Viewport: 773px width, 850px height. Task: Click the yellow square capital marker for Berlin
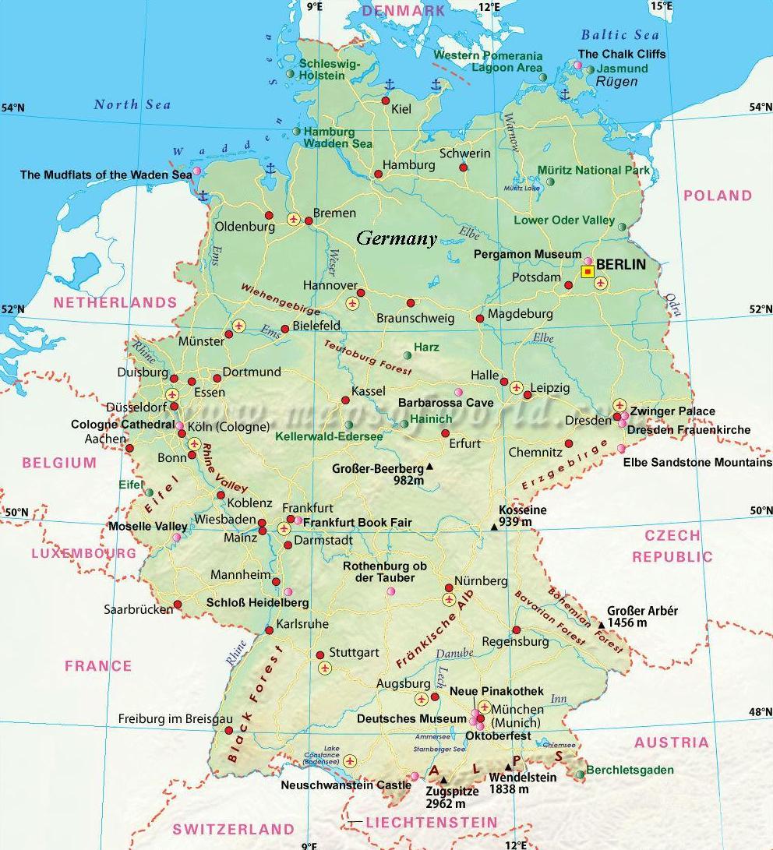click(588, 271)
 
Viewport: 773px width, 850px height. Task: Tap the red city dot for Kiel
click(385, 101)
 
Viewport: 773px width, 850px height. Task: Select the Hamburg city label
click(408, 165)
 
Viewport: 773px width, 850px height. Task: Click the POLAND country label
click(718, 196)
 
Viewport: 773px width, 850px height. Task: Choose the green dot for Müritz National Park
click(550, 182)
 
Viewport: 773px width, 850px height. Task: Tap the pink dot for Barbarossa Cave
click(457, 391)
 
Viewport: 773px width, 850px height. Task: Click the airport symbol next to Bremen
click(294, 220)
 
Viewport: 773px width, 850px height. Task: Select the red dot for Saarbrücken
click(178, 604)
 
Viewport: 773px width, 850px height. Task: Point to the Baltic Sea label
click(620, 35)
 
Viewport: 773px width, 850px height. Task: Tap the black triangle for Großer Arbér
click(601, 625)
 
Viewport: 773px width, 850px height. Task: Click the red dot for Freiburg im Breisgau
click(229, 730)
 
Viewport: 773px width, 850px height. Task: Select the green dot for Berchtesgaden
click(581, 774)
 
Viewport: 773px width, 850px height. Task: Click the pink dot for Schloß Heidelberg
click(288, 591)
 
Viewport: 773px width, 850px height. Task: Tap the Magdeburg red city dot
click(479, 318)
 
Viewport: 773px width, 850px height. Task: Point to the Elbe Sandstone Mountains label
click(697, 463)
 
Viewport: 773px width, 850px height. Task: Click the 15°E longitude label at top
click(661, 5)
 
